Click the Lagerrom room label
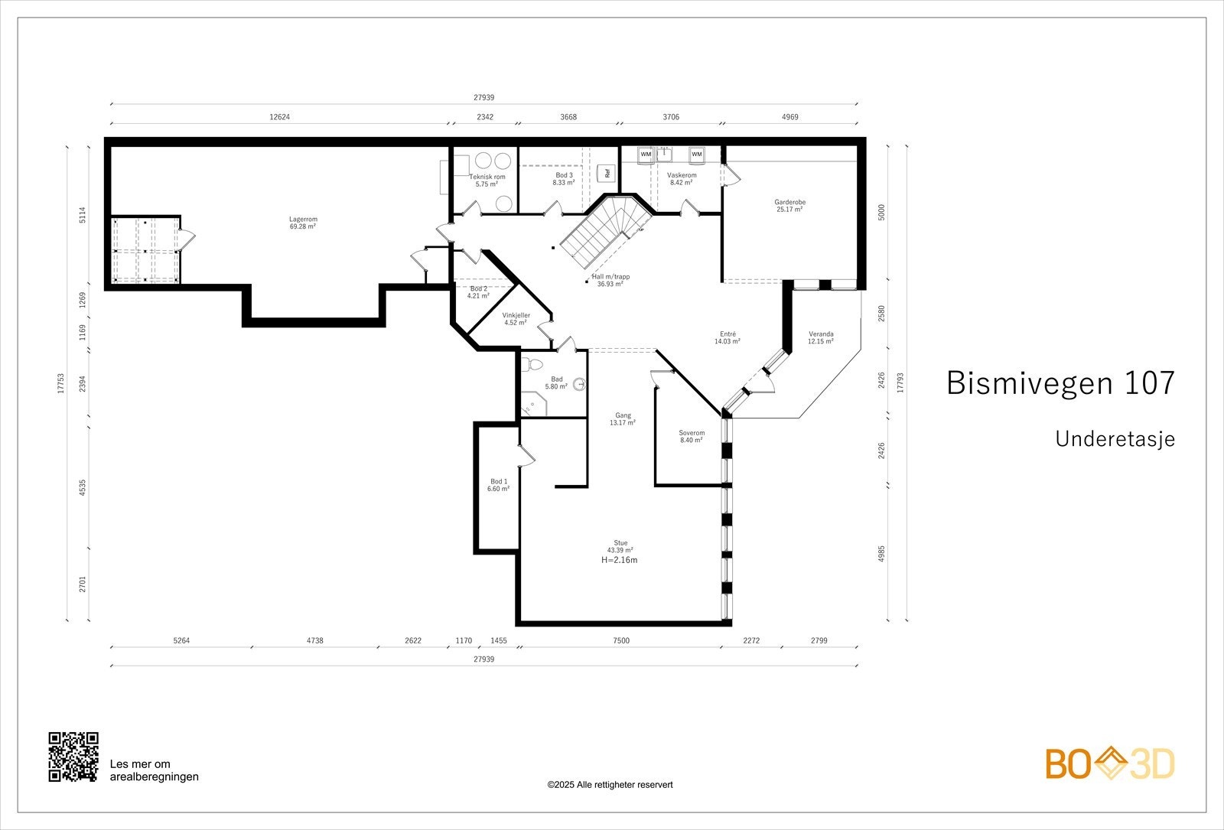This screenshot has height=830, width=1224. (x=303, y=219)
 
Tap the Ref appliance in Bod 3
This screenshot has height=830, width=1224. (x=607, y=173)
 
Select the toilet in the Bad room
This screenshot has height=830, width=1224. (x=531, y=364)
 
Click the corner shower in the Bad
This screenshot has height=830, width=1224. (x=532, y=404)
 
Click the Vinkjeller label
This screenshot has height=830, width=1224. (x=516, y=315)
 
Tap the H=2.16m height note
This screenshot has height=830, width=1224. (x=619, y=560)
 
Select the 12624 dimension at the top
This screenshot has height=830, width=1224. (x=280, y=117)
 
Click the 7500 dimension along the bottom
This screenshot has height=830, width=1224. (x=621, y=640)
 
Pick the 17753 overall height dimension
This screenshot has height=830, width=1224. (x=60, y=383)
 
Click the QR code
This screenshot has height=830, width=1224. (x=73, y=757)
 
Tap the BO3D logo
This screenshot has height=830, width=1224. (x=1110, y=763)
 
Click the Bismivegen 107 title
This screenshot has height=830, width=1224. (x=1060, y=382)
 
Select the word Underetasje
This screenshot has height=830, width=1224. (x=1115, y=439)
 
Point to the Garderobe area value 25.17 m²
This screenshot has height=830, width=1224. (x=789, y=210)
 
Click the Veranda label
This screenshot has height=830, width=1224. (x=821, y=334)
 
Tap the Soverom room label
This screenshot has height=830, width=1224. (x=692, y=433)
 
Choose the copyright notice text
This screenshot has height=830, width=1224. (x=610, y=785)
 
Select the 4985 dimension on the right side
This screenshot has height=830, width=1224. (x=881, y=554)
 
